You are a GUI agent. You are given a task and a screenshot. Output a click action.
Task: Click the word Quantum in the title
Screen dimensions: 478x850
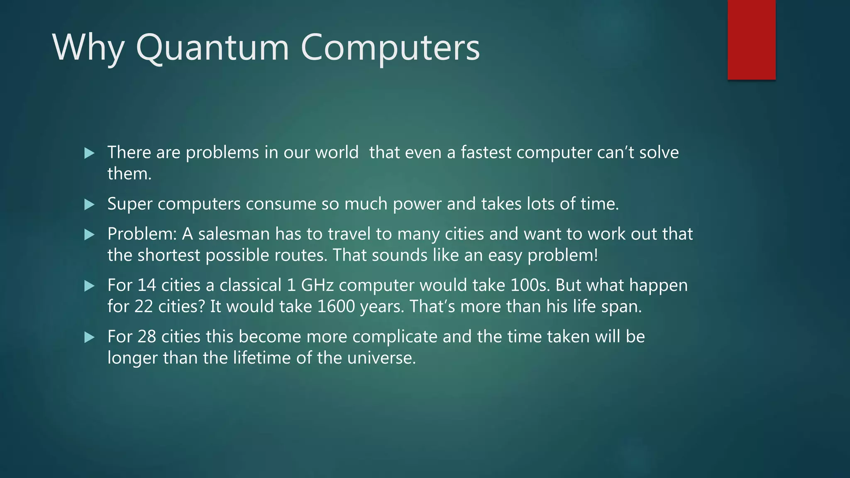pyautogui.click(x=212, y=48)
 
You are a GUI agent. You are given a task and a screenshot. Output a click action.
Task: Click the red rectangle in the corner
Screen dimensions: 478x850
pyautogui.click(x=751, y=40)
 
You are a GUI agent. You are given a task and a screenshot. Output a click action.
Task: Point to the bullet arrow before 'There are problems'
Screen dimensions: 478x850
pyautogui.click(x=89, y=154)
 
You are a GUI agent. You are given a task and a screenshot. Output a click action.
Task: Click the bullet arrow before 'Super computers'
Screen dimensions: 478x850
pyautogui.click(x=89, y=205)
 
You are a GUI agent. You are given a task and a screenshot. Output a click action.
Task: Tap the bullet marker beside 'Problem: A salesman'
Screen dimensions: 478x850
pyautogui.click(x=89, y=235)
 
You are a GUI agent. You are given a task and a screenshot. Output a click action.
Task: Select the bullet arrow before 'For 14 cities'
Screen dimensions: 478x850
pyautogui.click(x=89, y=286)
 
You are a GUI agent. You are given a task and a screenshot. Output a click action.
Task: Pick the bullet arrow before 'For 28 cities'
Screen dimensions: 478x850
pyautogui.click(x=89, y=337)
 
